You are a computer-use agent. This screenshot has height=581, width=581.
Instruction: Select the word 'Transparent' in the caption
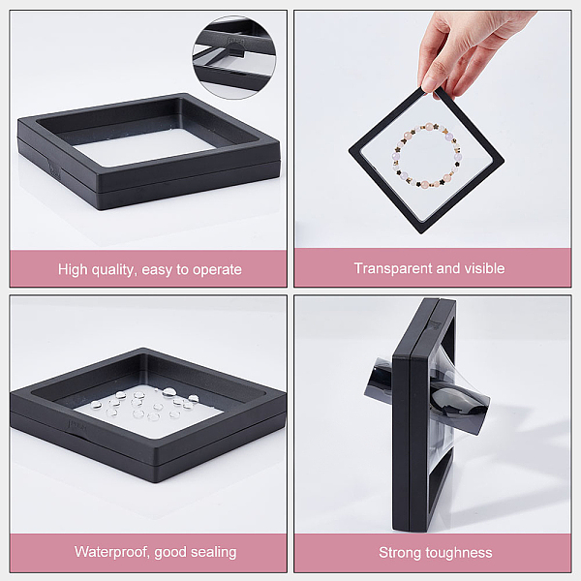pyautogui.click(x=393, y=268)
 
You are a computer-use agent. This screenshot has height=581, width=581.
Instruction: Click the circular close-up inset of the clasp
pyautogui.click(x=234, y=57)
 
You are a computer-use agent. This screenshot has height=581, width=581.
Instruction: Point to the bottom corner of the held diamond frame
pyautogui.click(x=421, y=233)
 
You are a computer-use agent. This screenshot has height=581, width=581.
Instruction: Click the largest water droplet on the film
pyautogui.click(x=169, y=391)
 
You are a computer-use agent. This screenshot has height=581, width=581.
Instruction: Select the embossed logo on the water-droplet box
pyautogui.click(x=77, y=427)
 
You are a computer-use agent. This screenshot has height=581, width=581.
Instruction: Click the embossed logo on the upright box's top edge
pyautogui.click(x=434, y=325)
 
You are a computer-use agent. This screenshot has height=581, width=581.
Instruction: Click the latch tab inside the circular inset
pyautogui.click(x=236, y=53)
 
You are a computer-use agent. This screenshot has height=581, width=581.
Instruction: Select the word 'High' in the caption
pyautogui.click(x=73, y=270)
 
